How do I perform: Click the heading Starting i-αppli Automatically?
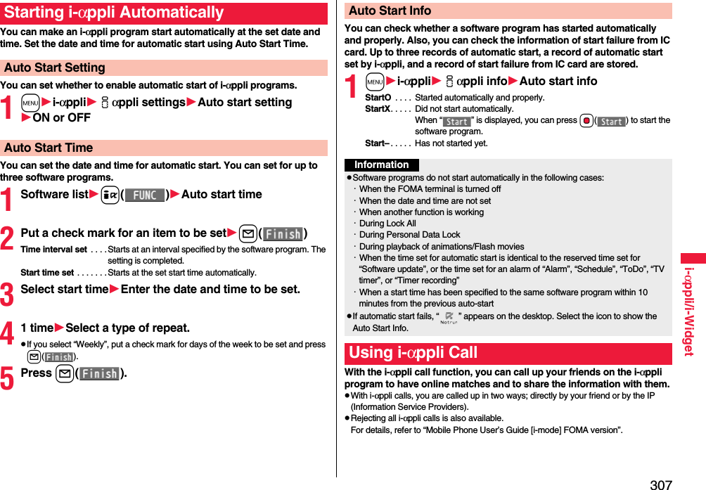click(x=114, y=13)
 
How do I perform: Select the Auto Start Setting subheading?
click(x=55, y=68)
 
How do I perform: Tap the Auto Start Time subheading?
click(x=49, y=148)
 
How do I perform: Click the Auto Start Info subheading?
click(x=390, y=11)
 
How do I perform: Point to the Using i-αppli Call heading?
click(x=413, y=353)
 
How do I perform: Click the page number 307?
click(x=660, y=484)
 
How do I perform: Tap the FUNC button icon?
click(x=145, y=195)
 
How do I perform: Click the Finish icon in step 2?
click(x=283, y=234)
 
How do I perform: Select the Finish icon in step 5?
click(x=99, y=374)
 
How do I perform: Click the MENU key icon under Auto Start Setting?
click(x=30, y=103)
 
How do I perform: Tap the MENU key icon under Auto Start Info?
click(x=374, y=82)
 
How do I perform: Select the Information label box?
click(x=382, y=165)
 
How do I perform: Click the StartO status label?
click(x=378, y=98)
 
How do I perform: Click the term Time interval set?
click(x=54, y=250)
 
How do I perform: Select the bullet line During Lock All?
click(x=387, y=224)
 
